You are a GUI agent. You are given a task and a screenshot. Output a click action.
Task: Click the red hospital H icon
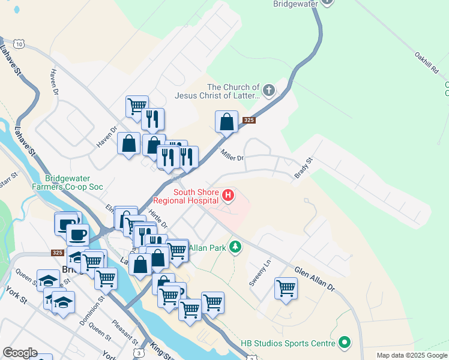(228, 195)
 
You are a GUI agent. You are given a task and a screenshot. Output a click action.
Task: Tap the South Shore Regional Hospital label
(187, 196)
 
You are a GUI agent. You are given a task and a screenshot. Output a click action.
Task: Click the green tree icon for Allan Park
(236, 247)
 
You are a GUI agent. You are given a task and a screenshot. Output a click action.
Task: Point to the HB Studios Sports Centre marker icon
(345, 343)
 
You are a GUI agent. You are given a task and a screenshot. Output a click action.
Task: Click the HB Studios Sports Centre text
(288, 344)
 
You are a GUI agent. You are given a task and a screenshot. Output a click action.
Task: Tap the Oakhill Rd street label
(427, 62)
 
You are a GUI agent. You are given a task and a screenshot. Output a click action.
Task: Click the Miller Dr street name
(232, 155)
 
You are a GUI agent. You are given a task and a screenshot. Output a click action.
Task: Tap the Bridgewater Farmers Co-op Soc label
(74, 182)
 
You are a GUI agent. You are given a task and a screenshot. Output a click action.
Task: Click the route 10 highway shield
(20, 44)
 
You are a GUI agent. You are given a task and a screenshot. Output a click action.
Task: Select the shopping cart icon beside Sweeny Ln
(286, 288)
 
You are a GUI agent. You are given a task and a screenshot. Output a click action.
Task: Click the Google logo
(19, 353)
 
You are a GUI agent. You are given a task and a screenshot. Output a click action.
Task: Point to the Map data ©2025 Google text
(412, 355)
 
